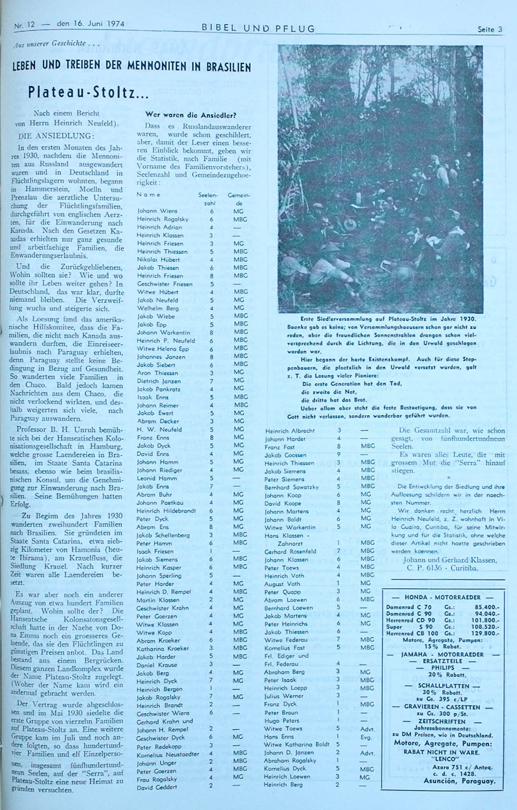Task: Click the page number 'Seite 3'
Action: [490, 29]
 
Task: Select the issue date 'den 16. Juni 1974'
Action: [90, 24]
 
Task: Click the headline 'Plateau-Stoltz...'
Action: [88, 93]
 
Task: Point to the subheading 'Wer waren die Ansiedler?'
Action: [190, 115]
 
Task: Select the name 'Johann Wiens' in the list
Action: [157, 211]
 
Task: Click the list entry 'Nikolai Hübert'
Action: [158, 259]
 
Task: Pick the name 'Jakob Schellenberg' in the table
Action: [163, 535]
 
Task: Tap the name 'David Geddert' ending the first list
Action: [157, 787]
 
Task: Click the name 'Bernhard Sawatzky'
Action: [291, 487]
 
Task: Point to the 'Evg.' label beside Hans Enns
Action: [366, 737]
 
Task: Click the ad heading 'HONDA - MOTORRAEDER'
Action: [443, 597]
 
